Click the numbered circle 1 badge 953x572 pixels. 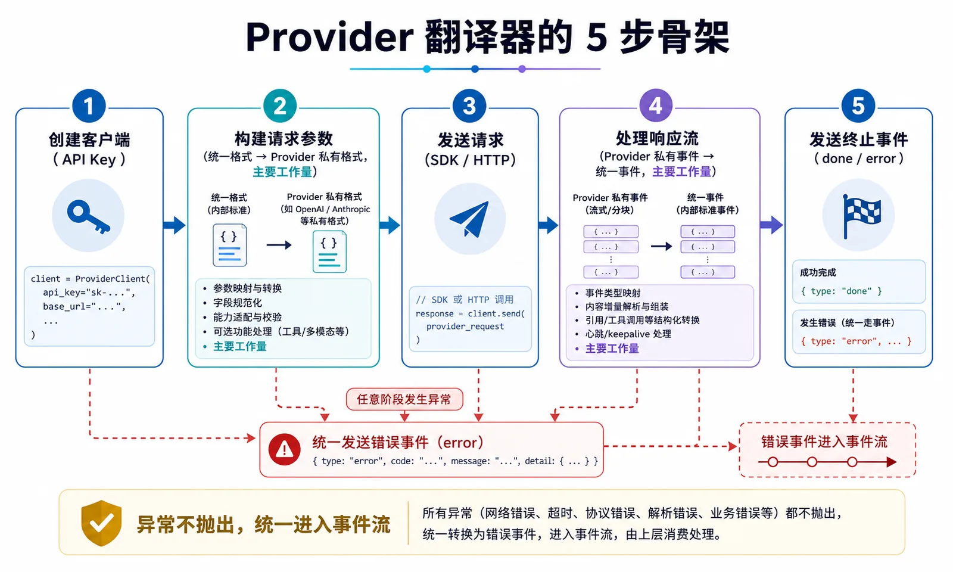pos(89,105)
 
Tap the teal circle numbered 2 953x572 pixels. pos(279,105)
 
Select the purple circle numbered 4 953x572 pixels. pos(656,105)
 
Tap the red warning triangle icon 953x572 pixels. pos(284,449)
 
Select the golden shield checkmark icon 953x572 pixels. pos(101,523)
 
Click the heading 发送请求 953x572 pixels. pos(471,140)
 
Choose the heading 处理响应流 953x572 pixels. pos(658,138)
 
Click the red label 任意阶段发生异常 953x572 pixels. pos(404,399)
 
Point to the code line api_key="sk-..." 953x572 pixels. pos(89,293)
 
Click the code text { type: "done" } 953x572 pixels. pos(841,291)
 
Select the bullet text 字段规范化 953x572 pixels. pos(238,303)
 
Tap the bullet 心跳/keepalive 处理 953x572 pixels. pos(628,334)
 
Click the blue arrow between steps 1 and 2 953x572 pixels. pos(175,225)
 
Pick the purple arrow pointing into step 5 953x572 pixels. pos(771,225)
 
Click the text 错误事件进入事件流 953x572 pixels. pos(824,442)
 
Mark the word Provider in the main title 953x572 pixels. pos(330,38)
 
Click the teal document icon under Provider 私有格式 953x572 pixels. pos(329,251)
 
